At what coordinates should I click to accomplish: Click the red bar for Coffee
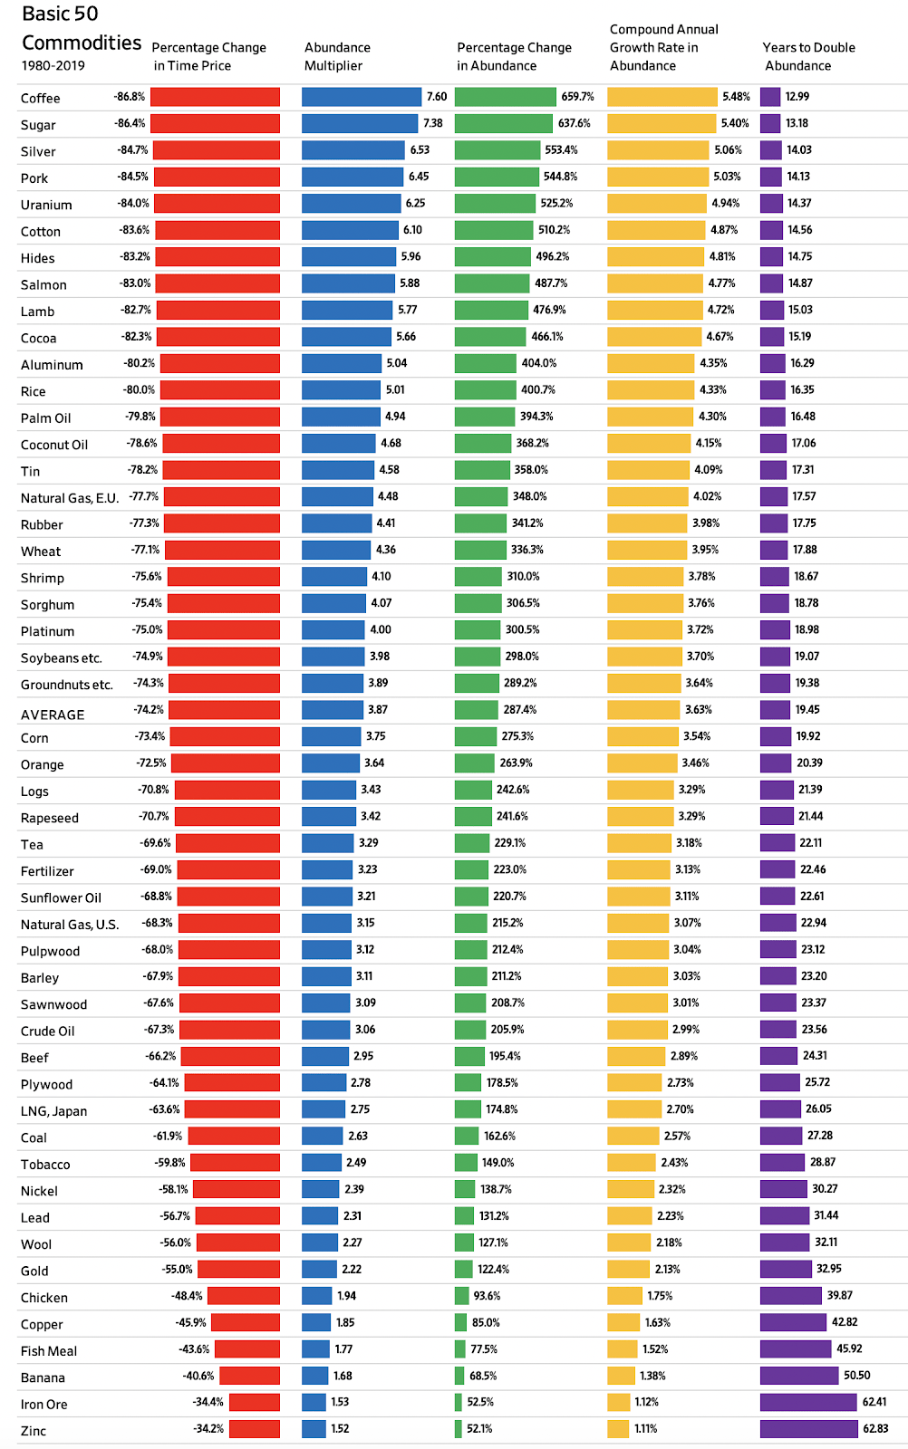coord(215,97)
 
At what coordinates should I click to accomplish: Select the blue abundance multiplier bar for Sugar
coord(360,123)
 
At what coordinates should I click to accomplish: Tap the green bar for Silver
coord(497,150)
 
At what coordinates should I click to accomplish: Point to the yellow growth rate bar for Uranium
coord(657,204)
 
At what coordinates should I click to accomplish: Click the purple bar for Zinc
coord(808,1429)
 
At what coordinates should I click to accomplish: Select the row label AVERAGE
coord(53,715)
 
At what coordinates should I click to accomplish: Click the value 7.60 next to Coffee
coord(437,97)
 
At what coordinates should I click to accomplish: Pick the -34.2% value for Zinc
coord(208,1429)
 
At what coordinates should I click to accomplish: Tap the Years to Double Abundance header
coord(808,56)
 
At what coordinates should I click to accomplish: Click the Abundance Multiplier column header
coord(337,56)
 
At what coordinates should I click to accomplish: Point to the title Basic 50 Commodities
coord(81,28)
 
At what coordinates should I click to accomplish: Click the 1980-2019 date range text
coord(53,66)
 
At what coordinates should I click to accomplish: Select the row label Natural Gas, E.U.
coord(70,498)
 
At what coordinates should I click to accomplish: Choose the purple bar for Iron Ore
coord(808,1402)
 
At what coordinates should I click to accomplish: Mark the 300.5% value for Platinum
coord(522,629)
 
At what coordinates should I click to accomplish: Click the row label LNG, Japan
coord(54,1111)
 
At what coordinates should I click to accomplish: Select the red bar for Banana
coord(249,1376)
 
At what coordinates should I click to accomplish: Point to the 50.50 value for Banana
coord(856,1376)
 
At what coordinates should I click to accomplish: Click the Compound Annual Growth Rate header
coord(663,47)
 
